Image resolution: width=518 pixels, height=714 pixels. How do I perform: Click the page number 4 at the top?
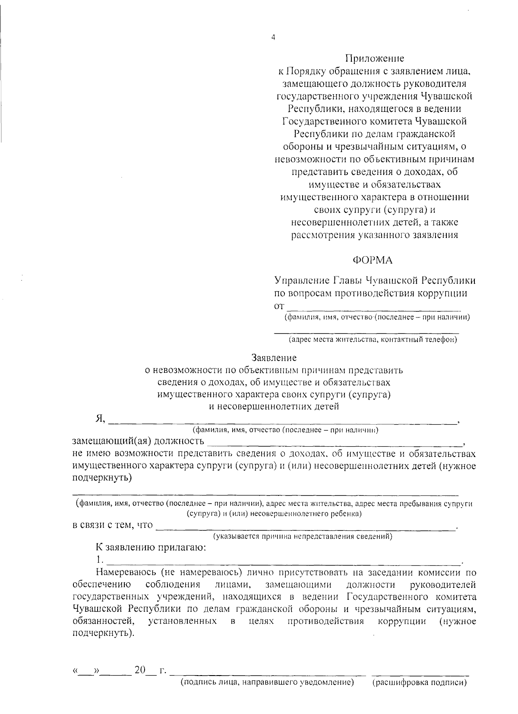point(273,38)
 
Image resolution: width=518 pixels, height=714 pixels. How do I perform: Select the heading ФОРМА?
point(373,260)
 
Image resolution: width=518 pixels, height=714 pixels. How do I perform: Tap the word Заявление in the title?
point(274,358)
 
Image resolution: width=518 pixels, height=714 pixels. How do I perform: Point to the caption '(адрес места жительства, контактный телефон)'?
point(373,340)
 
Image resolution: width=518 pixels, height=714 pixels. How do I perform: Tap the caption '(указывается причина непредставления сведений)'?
point(303,537)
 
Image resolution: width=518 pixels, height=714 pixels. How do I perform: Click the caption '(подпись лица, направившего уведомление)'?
point(267,682)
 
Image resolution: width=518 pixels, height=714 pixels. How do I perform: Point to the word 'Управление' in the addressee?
point(302,281)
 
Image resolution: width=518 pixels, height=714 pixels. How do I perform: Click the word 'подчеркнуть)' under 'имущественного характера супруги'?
point(102,478)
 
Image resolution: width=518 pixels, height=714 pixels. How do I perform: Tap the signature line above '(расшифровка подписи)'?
point(420,674)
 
